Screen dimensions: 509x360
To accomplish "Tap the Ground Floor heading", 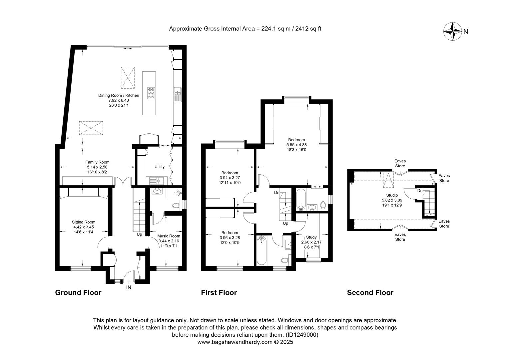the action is click(x=78, y=292).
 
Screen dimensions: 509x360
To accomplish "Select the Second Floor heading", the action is click(x=370, y=292).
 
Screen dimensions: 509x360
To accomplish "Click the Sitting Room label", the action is click(x=84, y=222).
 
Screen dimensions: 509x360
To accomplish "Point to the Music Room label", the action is click(x=169, y=236).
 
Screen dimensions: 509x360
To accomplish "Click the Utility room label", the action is click(x=160, y=167).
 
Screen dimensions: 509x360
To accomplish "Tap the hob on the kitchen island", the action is click(x=151, y=93).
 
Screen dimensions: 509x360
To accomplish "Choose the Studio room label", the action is click(x=392, y=195).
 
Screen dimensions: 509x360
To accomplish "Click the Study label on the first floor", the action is click(x=311, y=237).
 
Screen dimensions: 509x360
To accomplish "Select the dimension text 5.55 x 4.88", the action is click(x=296, y=145).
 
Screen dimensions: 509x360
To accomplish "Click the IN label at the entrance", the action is click(x=129, y=287).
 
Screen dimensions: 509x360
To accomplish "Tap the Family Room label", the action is click(x=97, y=162).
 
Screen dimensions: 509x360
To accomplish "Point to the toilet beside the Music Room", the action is click(x=177, y=206).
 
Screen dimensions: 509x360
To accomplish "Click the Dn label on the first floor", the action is click(x=276, y=193).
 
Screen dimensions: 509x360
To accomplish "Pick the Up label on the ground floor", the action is click(x=139, y=234).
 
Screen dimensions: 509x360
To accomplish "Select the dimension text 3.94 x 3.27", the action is click(x=230, y=178).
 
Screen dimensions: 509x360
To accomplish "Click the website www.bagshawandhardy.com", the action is click(x=235, y=342).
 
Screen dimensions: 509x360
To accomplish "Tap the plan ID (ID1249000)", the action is click(x=302, y=335).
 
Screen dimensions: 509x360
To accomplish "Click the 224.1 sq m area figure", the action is click(x=275, y=29).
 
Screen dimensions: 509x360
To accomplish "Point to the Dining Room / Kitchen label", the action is click(x=119, y=95).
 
